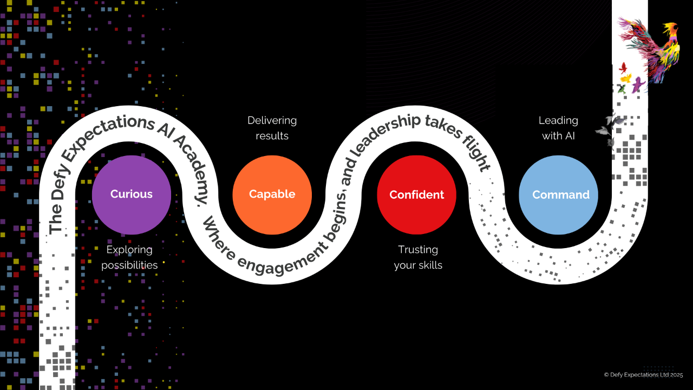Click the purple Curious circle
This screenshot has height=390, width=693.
pyautogui.click(x=132, y=194)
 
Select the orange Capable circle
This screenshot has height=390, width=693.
pyautogui.click(x=272, y=194)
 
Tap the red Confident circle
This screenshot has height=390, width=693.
pyautogui.click(x=416, y=195)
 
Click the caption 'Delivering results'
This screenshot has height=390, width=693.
pyautogui.click(x=272, y=128)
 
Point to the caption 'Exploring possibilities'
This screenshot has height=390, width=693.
pyautogui.click(x=129, y=257)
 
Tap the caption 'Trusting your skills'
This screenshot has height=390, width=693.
pyautogui.click(x=418, y=257)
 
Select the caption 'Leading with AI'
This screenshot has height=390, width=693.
pyautogui.click(x=558, y=128)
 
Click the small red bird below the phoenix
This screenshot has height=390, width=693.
pyautogui.click(x=623, y=67)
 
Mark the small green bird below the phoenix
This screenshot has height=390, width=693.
pyautogui.click(x=622, y=88)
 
